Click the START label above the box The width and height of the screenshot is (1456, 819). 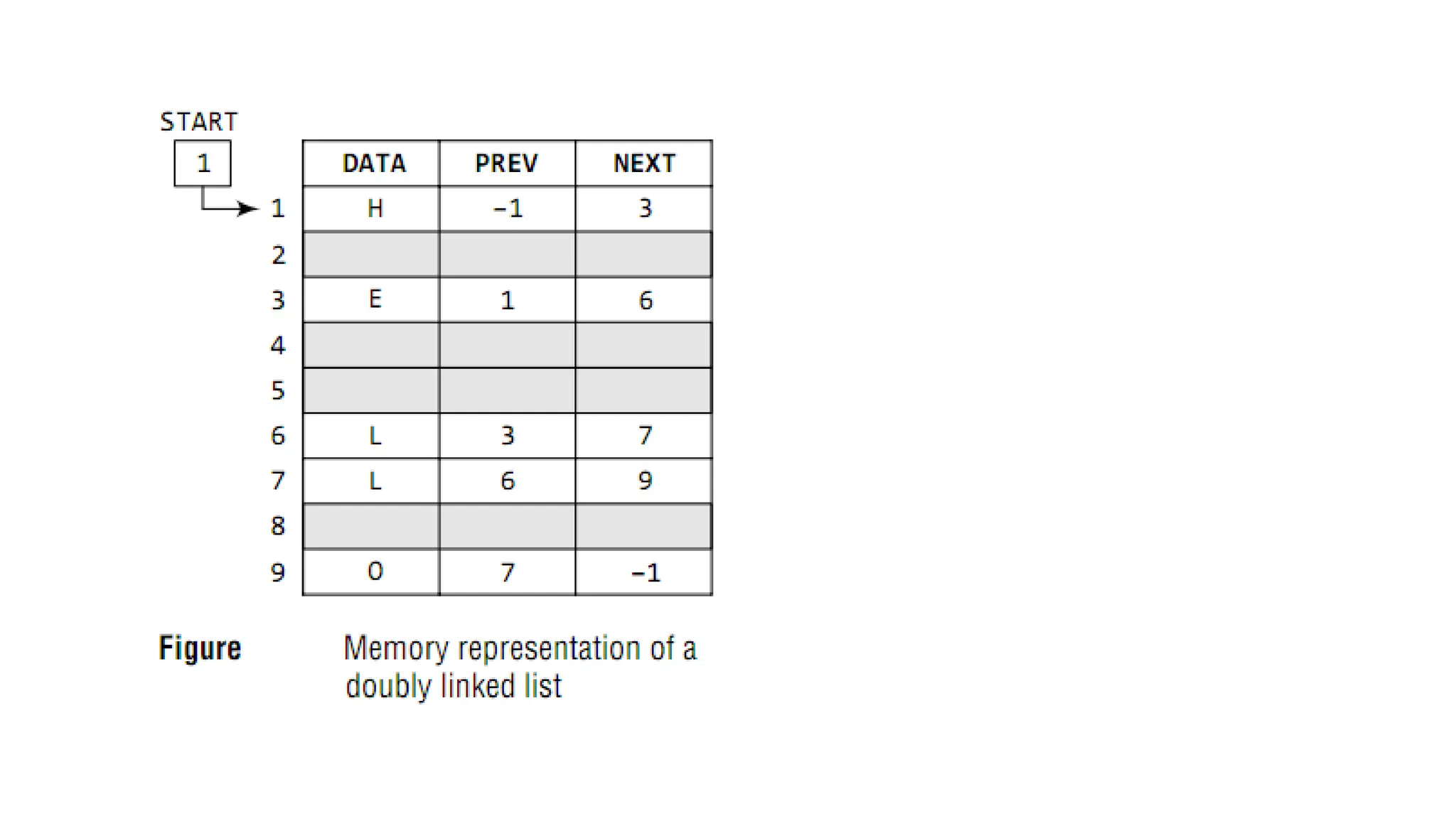(x=198, y=122)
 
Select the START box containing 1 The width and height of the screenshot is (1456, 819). (x=203, y=164)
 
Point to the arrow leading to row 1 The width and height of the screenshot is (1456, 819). (x=227, y=208)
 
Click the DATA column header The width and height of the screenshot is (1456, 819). (x=373, y=164)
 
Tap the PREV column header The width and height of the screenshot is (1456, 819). (x=506, y=164)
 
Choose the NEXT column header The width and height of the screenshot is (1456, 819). (x=644, y=164)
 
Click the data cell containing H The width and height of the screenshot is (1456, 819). (x=375, y=208)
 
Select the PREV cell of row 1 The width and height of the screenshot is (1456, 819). (x=507, y=208)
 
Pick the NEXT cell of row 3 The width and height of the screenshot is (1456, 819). (x=644, y=300)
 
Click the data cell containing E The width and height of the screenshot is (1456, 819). (x=375, y=299)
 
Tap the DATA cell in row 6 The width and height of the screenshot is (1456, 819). (x=375, y=435)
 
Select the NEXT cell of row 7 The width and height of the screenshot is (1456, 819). (x=644, y=481)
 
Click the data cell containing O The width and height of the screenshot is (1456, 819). (x=375, y=572)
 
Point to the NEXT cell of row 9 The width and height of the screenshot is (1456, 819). (x=644, y=572)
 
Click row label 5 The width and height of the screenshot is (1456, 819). (x=278, y=390)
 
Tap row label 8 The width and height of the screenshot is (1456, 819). (x=278, y=526)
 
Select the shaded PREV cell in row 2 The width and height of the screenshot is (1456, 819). (x=507, y=255)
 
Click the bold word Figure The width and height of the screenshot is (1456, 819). (x=200, y=648)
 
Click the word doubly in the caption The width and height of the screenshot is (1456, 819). (x=388, y=687)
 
